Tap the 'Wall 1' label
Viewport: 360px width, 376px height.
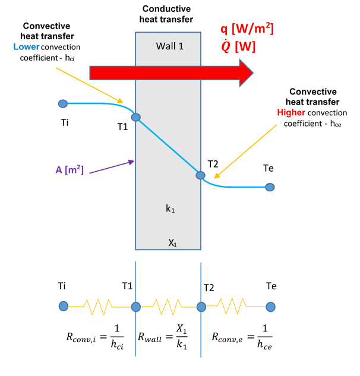169,46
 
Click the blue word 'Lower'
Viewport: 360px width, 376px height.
36,46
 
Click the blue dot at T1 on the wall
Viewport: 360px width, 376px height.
135,118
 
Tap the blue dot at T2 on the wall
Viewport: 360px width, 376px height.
201,175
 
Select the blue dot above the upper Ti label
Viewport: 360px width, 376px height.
63,104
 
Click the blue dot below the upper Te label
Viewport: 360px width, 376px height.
270,187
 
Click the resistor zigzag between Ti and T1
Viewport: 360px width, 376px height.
99,307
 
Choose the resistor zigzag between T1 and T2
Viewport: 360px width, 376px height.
168,307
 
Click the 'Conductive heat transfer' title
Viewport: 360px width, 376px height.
169,14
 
